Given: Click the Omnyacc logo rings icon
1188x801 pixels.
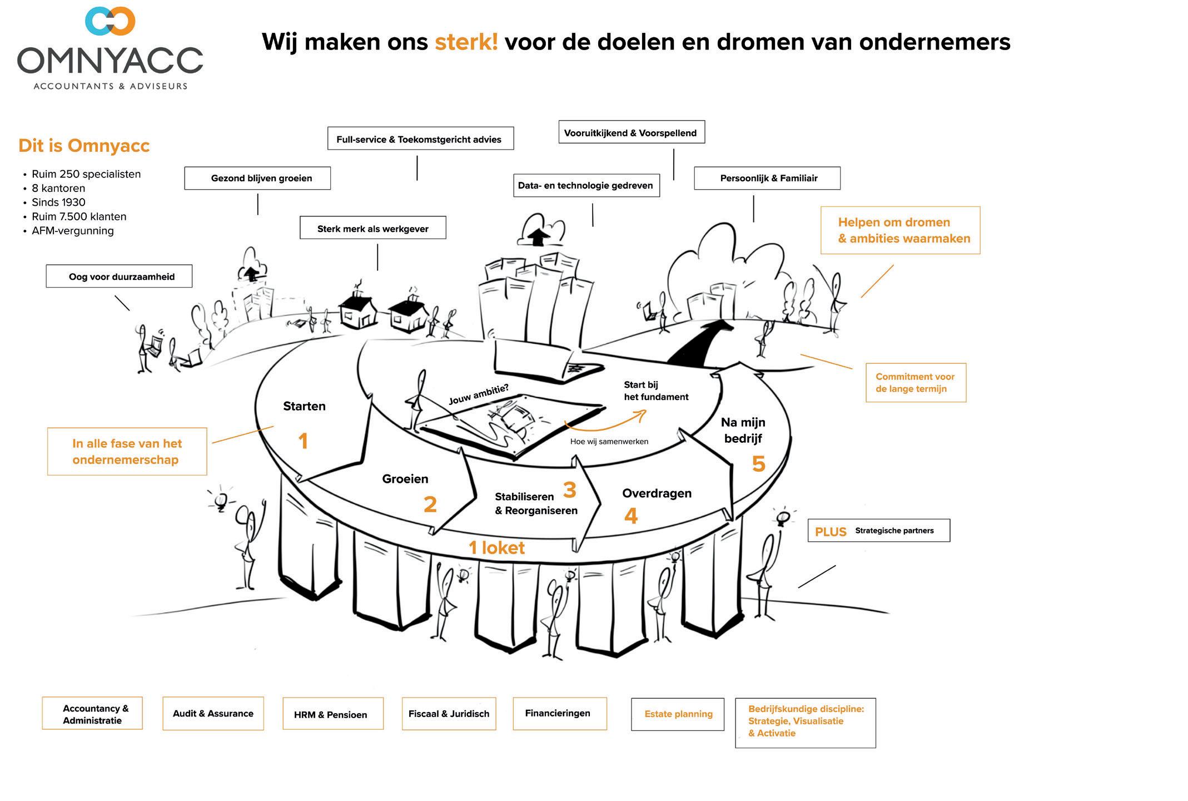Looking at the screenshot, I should pyautogui.click(x=110, y=21).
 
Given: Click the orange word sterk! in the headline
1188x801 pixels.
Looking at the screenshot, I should pyautogui.click(x=466, y=42).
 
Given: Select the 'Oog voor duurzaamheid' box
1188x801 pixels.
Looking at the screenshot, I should pyautogui.click(x=119, y=276).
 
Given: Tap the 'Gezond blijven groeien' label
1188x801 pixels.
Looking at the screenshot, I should pyautogui.click(x=257, y=179).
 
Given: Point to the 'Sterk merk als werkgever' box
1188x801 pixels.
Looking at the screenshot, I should pyautogui.click(x=372, y=228).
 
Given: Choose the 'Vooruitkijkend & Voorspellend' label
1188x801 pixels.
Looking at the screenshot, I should pyautogui.click(x=631, y=133).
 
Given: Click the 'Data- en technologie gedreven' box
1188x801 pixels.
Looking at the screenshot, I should pyautogui.click(x=586, y=186).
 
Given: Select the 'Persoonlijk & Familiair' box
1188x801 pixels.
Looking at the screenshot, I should pyautogui.click(x=767, y=179).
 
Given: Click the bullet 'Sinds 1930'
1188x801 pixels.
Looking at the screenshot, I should pyautogui.click(x=58, y=202).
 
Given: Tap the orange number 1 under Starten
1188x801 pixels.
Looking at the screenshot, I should pyautogui.click(x=303, y=442).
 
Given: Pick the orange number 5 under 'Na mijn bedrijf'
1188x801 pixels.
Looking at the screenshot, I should pyautogui.click(x=758, y=464).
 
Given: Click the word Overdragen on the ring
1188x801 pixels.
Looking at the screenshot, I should pyautogui.click(x=657, y=493).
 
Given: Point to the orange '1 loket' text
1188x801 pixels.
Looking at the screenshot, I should pyautogui.click(x=496, y=548).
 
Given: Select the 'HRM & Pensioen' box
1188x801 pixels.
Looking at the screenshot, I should pyautogui.click(x=332, y=714).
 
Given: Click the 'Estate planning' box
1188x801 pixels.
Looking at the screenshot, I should pyautogui.click(x=678, y=714).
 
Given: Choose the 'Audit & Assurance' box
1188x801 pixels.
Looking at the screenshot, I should pyautogui.click(x=213, y=714).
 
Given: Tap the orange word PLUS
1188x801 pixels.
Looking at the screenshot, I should pyautogui.click(x=831, y=532).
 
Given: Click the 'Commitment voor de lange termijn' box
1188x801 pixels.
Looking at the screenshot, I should pyautogui.click(x=916, y=383).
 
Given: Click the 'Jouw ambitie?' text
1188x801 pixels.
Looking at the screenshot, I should pyautogui.click(x=478, y=394).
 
